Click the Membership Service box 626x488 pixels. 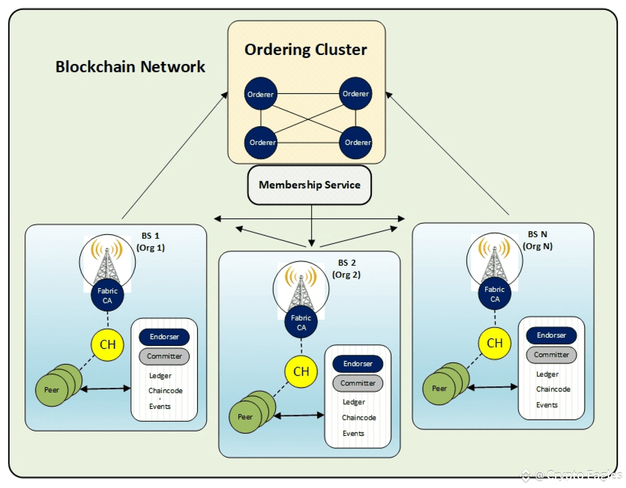click(x=309, y=185)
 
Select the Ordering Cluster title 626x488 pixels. click(x=306, y=50)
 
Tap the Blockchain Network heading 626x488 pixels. click(x=130, y=66)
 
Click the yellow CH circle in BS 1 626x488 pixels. click(x=107, y=345)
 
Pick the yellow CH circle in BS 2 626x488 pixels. click(x=301, y=371)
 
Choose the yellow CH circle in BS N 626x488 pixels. click(x=495, y=343)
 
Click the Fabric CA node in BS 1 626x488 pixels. click(x=107, y=295)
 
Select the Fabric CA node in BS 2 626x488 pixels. click(x=301, y=322)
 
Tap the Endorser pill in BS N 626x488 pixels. click(x=551, y=335)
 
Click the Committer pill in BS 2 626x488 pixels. click(x=358, y=383)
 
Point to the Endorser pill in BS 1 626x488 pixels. click(x=164, y=337)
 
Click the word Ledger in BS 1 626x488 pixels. click(x=160, y=376)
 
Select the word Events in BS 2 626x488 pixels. click(x=353, y=433)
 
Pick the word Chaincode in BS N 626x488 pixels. click(x=553, y=389)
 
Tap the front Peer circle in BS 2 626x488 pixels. click(x=245, y=417)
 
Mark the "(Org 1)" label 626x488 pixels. click(x=150, y=248)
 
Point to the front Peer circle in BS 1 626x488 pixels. click(x=52, y=390)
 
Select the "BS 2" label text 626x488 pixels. click(x=347, y=263)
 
